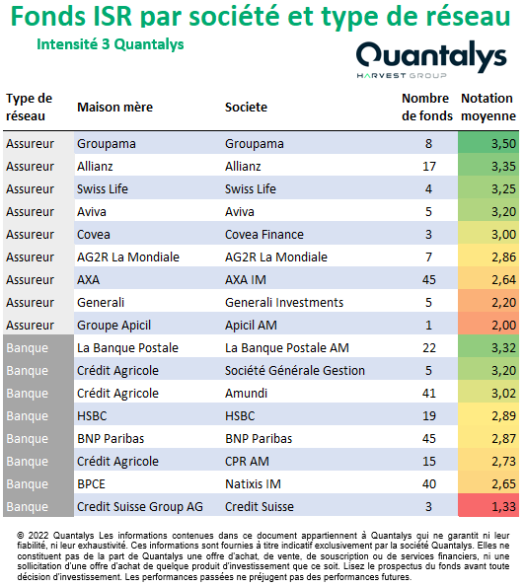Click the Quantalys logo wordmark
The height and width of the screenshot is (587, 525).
[431, 56]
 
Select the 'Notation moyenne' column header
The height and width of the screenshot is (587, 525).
[488, 108]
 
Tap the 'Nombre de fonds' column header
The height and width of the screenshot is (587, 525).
[427, 108]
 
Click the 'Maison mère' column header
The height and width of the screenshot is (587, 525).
[114, 108]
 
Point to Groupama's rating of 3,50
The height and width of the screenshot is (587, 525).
[503, 144]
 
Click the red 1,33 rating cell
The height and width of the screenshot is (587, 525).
[503, 507]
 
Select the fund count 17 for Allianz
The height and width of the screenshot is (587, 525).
[429, 166]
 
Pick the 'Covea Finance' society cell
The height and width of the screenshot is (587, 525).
[264, 235]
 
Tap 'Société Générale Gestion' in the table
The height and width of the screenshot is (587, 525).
[295, 371]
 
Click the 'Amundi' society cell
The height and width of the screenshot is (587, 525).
[246, 394]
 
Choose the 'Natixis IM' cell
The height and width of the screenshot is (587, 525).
[253, 484]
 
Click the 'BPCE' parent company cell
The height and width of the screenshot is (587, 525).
[91, 484]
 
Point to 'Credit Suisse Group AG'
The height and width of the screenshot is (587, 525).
[140, 507]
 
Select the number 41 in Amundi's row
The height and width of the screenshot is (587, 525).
[429, 394]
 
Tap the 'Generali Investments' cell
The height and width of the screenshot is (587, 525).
[284, 303]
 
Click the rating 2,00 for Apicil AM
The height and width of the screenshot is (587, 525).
[503, 326]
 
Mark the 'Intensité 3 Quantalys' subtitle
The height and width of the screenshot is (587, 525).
[111, 44]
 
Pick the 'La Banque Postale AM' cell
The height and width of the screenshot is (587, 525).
[287, 348]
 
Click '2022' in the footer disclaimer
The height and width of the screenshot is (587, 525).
[38, 536]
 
